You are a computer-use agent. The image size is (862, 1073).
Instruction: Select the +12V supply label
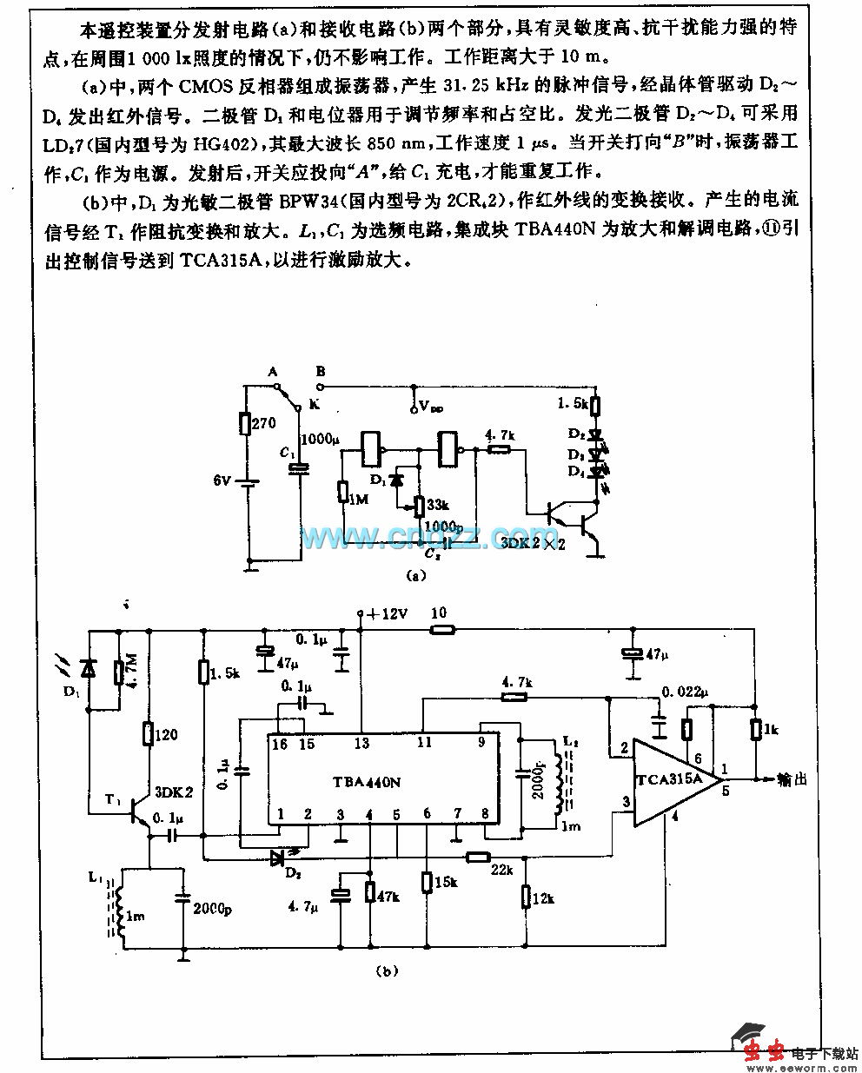point(386,614)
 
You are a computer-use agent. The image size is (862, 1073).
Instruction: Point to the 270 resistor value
point(263,424)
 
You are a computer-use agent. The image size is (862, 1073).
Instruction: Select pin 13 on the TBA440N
point(361,744)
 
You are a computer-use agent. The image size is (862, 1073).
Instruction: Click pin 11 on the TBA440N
point(423,744)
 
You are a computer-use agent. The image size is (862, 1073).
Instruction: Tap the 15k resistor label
point(444,883)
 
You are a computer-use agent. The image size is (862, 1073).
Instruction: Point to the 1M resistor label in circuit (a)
point(357,499)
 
